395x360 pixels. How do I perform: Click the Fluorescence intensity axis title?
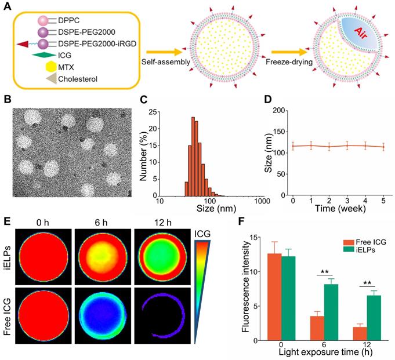tap(245, 285)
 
